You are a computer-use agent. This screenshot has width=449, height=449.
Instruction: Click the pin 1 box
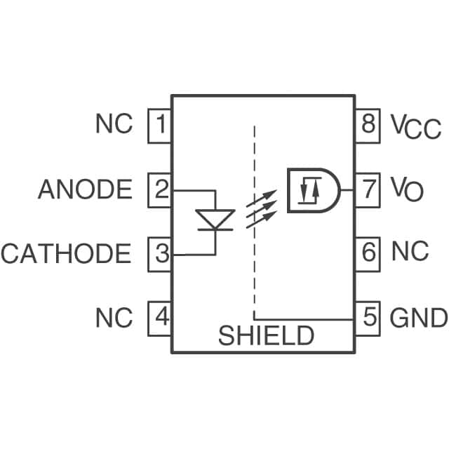click(160, 126)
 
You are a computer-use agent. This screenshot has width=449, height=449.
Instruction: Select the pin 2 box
click(160, 190)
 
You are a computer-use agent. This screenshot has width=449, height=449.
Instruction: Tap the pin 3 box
click(160, 254)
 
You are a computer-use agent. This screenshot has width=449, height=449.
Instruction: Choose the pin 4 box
click(160, 318)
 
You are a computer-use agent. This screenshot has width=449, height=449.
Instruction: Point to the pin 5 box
click(368, 318)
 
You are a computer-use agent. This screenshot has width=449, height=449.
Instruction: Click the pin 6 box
click(368, 251)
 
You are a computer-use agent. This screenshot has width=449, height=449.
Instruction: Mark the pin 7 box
click(368, 189)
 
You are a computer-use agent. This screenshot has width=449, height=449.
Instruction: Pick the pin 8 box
click(368, 126)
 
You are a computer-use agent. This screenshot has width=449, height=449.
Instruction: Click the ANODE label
click(85, 190)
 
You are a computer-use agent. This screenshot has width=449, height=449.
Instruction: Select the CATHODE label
click(66, 254)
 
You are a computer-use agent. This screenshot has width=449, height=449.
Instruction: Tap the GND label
click(418, 319)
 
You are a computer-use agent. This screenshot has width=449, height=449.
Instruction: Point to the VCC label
click(415, 127)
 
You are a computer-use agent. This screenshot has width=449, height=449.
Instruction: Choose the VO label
click(407, 189)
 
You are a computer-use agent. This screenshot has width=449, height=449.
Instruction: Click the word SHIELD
click(266, 336)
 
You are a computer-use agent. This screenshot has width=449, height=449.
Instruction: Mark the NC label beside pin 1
click(114, 125)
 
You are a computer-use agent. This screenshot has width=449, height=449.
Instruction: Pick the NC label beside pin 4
click(114, 319)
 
